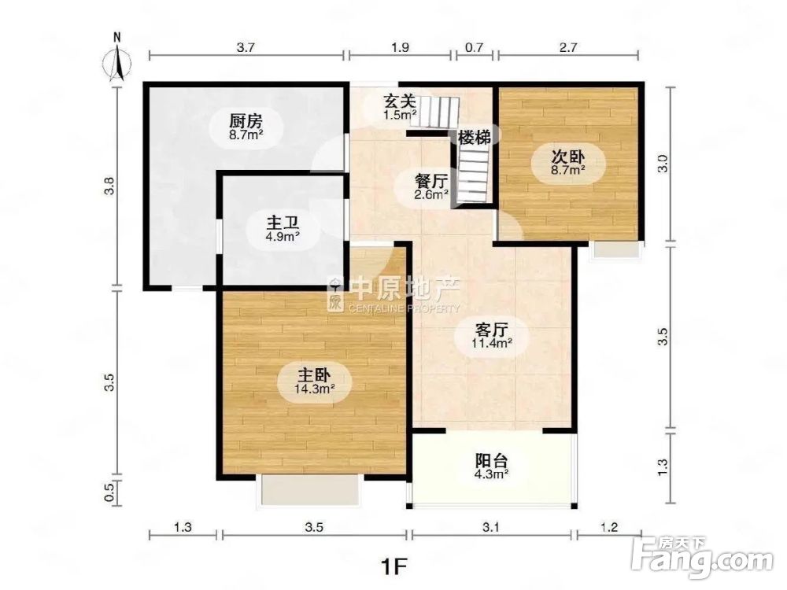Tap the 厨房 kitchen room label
click(245, 122)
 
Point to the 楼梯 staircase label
click(475, 137)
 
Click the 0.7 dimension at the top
click(474, 48)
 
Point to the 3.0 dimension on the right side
click(663, 164)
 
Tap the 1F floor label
click(394, 566)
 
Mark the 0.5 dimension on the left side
click(111, 492)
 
